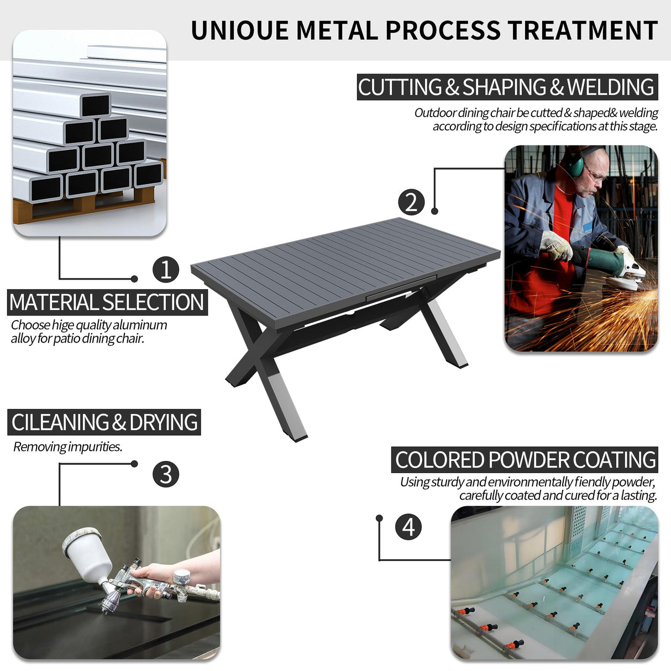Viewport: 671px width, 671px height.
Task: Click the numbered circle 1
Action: [x=166, y=270]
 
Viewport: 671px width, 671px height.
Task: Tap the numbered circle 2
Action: [x=411, y=203]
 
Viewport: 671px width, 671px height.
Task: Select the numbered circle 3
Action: [x=166, y=474]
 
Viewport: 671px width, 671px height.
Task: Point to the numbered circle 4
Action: [x=408, y=527]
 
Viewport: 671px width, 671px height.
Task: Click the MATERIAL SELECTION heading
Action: [x=107, y=302]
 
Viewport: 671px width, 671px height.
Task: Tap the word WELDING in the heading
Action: [x=610, y=87]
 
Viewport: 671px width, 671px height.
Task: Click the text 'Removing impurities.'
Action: [x=67, y=447]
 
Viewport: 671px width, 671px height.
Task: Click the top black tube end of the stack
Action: [x=96, y=105]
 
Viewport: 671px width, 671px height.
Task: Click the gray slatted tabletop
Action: [x=345, y=270]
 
